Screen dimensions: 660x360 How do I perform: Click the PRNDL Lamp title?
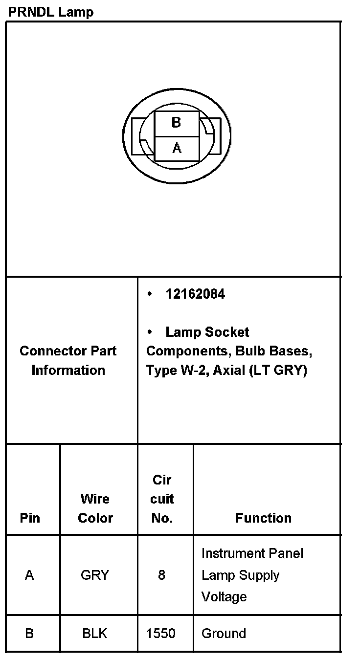50,12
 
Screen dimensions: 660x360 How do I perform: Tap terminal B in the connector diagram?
177,123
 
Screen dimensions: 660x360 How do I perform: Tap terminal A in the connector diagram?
177,148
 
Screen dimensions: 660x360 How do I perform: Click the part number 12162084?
195,294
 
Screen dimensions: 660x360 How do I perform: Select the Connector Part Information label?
68,360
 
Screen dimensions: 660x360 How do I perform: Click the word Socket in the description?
227,332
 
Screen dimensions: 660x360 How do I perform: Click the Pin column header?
30,518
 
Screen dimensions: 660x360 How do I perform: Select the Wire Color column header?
95,508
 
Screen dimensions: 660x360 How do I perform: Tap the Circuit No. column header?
162,499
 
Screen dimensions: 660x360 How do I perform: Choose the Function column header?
263,518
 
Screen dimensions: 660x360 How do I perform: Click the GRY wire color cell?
94,575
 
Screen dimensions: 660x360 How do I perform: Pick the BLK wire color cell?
95,634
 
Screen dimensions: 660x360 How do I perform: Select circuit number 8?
161,575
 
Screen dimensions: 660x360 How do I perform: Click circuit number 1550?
161,634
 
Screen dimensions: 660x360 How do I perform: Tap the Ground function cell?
224,634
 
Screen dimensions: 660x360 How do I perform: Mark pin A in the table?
29,575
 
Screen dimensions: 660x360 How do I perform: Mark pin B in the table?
29,634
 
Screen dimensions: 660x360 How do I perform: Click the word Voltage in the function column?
224,597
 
